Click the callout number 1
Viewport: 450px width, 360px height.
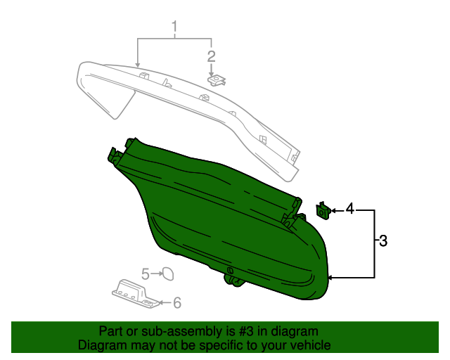coord(174,28)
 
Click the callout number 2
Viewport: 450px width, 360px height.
coord(210,56)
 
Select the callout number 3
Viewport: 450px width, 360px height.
coord(383,241)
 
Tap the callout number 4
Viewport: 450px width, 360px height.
coord(349,209)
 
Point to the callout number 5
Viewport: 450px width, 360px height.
coord(146,273)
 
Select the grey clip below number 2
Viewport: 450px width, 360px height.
coord(217,80)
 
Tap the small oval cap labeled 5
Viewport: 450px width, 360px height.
coord(168,274)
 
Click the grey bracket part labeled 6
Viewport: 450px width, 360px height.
coord(134,292)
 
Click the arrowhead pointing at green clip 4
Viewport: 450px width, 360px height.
coord(334,210)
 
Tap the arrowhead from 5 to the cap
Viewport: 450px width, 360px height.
coord(159,273)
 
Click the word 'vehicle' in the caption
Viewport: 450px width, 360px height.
coord(311,346)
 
